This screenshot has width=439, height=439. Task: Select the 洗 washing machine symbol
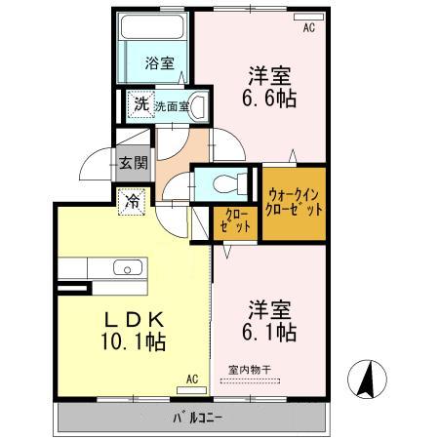tap(141, 104)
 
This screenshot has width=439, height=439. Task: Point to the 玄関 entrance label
tap(134, 164)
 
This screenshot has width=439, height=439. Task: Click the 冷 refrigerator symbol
tap(132, 202)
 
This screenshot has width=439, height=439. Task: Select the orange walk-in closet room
tap(294, 202)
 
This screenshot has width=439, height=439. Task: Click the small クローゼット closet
tap(234, 219)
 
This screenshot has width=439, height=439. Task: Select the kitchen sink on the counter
tap(127, 267)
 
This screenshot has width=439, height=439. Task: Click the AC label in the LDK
tap(191, 379)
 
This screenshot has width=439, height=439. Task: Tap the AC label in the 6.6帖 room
tap(308, 28)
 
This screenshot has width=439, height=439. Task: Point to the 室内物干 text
tap(251, 369)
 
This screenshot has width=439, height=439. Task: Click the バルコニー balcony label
tap(198, 418)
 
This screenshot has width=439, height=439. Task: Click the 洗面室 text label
tap(172, 105)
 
